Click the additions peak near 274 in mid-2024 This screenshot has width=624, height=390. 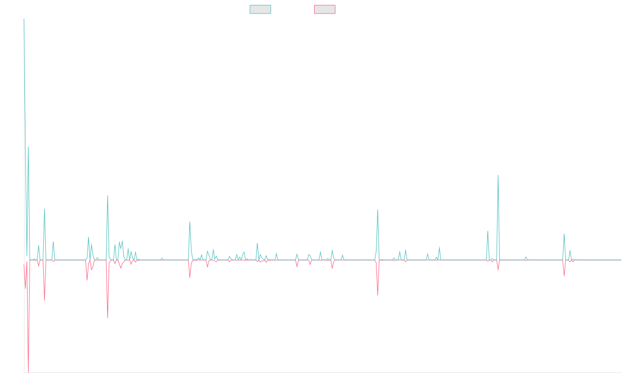[x=498, y=175]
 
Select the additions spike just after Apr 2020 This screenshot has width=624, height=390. [x=190, y=222]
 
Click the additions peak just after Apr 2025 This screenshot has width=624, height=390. [x=564, y=234]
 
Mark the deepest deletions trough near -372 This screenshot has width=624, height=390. [x=28, y=372]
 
